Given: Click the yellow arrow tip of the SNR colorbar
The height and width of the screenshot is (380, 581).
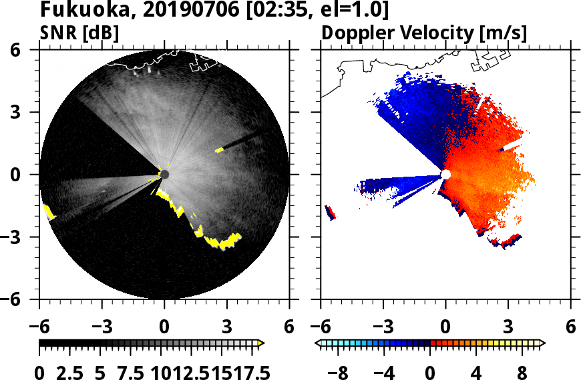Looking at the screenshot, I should click(x=261, y=343).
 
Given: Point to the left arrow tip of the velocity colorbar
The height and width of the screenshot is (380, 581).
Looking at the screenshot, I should click(x=318, y=343).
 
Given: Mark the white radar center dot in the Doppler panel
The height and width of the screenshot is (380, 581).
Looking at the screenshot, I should click(x=446, y=175).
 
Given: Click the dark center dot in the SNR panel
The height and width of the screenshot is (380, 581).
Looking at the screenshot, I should click(x=164, y=175).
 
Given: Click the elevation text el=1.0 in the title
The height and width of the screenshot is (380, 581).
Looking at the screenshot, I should click(x=355, y=11).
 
